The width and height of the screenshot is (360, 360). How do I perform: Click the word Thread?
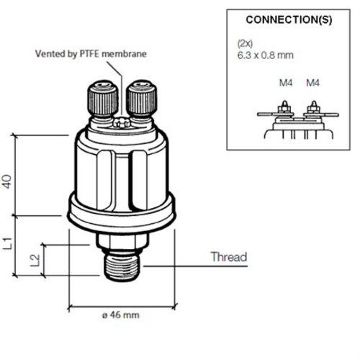tap(228, 257)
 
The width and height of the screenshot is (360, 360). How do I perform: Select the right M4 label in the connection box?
tap(312, 83)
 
